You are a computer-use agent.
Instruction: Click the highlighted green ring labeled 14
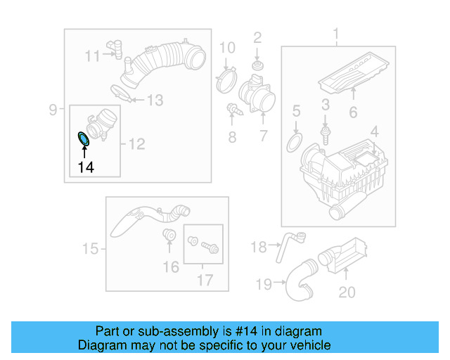coord(83,138)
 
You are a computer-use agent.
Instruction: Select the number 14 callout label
coord(85,167)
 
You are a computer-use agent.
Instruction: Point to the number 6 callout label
coord(353,111)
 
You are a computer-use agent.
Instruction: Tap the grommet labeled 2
coord(257,66)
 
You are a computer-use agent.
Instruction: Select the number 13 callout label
coord(154,101)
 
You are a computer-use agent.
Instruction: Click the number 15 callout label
coord(90,248)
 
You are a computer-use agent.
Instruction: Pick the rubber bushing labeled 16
coord(169,236)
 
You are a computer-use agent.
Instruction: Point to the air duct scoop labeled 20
coord(345,257)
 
